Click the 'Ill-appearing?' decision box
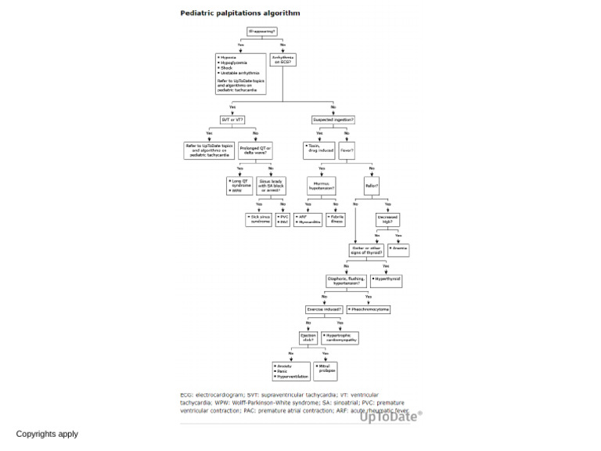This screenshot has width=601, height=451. [x=261, y=31]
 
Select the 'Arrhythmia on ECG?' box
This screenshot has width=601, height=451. [x=283, y=60]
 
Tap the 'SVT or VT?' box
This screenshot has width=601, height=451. [x=232, y=120]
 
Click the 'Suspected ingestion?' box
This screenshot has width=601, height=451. [x=333, y=120]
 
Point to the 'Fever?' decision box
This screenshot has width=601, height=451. [x=347, y=150]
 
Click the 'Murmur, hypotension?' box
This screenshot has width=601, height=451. [x=321, y=186]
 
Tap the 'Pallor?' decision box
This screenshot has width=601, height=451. [x=372, y=186]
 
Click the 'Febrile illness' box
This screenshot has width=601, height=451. [x=335, y=219]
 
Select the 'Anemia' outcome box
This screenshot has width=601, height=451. [x=398, y=250]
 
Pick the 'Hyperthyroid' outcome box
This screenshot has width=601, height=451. [x=387, y=280]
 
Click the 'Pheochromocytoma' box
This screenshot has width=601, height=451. [x=368, y=309]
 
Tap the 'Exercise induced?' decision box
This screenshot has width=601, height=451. [x=324, y=309]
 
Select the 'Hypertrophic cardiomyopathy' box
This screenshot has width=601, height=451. [x=340, y=338]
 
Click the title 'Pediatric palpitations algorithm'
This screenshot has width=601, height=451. [x=240, y=13]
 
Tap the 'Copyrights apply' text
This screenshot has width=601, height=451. [x=47, y=434]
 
